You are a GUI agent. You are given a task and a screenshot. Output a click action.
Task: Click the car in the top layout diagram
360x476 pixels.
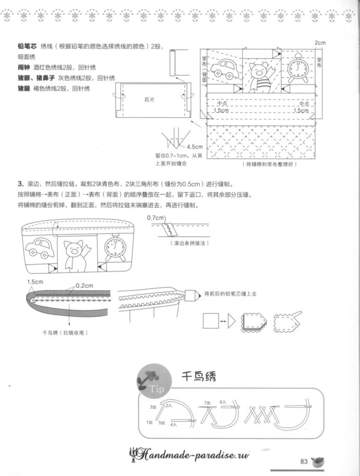tap(225, 68)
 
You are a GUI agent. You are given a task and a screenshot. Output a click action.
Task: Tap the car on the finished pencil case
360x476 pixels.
tap(40, 248)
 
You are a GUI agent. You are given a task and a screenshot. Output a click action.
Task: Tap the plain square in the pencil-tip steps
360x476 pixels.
tap(210, 320)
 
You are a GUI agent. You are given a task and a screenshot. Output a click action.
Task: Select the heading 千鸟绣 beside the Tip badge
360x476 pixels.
tap(198, 377)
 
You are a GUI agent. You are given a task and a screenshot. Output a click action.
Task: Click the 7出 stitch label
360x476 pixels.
tap(208, 402)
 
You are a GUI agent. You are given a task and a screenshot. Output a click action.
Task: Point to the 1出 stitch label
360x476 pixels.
tap(149, 421)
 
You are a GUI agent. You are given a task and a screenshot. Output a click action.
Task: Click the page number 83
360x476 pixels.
tap(305, 461)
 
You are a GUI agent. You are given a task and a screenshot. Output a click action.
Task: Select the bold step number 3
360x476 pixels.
tap(19, 184)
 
